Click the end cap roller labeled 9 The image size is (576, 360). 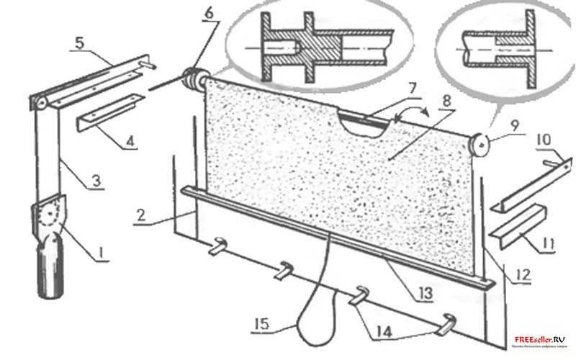pos(481,144)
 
